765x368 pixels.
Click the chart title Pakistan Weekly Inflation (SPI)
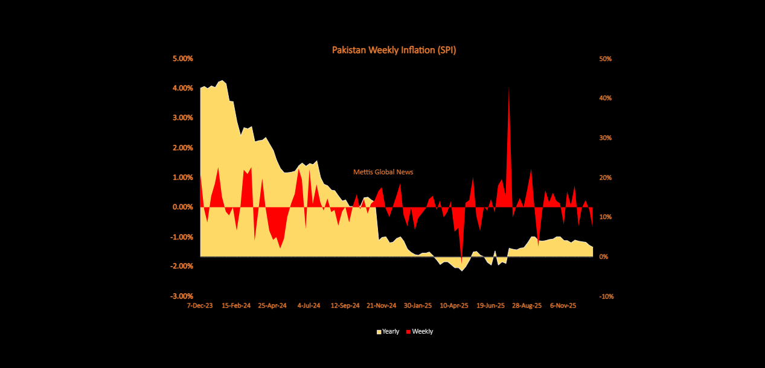tap(394, 50)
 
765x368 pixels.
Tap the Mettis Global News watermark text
tap(383, 172)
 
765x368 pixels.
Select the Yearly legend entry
tap(388, 332)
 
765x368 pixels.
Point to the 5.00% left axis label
tap(182, 59)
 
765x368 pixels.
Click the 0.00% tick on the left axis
tap(182, 207)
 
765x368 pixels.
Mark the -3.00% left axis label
tap(181, 296)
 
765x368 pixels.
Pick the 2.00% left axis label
tap(182, 148)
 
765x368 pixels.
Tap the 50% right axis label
tap(605, 59)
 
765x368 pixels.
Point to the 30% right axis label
tap(605, 138)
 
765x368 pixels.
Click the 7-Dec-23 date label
tap(200, 305)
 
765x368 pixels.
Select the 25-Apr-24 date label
tap(272, 305)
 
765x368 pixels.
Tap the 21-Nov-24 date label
tap(382, 305)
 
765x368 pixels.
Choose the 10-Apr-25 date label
tap(454, 305)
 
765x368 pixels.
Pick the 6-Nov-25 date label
tap(563, 305)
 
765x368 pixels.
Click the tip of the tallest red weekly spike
tap(509, 88)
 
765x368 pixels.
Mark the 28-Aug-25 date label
tap(527, 305)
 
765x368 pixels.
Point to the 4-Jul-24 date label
tap(309, 305)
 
